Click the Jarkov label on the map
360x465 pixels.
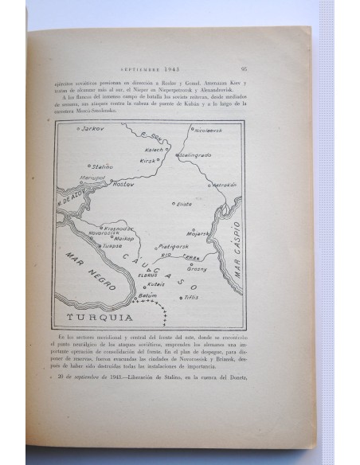(88, 128)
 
